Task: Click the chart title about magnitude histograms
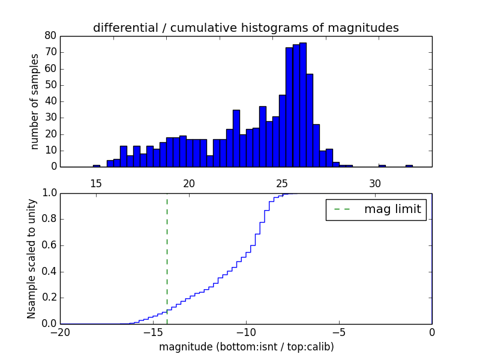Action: pyautogui.click(x=245, y=28)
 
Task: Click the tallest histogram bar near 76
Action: pyautogui.click(x=303, y=105)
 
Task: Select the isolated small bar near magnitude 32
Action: pyautogui.click(x=409, y=166)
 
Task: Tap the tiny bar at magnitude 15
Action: pyautogui.click(x=96, y=166)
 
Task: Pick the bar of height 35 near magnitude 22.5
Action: pyautogui.click(x=236, y=138)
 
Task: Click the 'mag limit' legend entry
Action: pyautogui.click(x=376, y=209)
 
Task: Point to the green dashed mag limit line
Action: pyautogui.click(x=167, y=252)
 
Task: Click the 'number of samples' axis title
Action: pyautogui.click(x=35, y=101)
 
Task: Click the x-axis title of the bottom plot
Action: pyautogui.click(x=246, y=347)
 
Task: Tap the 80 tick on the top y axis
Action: pyautogui.click(x=50, y=36)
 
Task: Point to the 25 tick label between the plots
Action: pyautogui.click(x=282, y=183)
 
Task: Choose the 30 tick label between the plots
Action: pyautogui.click(x=375, y=183)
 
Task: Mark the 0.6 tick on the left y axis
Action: pyautogui.click(x=48, y=245)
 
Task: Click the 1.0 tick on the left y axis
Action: pyautogui.click(x=48, y=193)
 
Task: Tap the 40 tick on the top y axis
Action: pyautogui.click(x=50, y=101)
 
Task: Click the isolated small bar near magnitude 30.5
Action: pyautogui.click(x=382, y=166)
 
